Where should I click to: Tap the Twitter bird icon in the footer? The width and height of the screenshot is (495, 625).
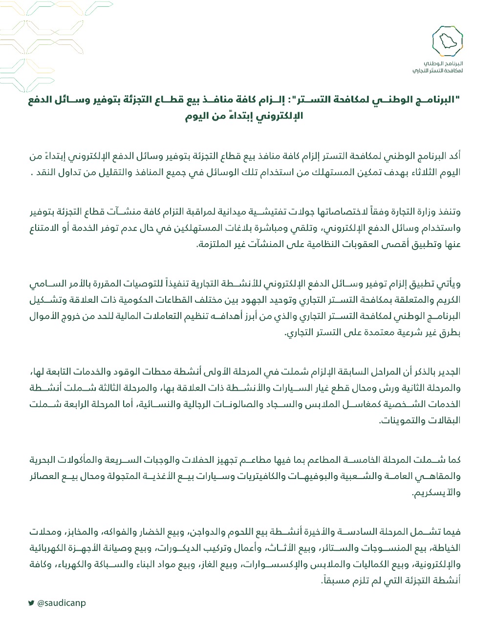[x=31, y=603]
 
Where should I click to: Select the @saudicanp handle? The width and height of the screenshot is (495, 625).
[x=61, y=603]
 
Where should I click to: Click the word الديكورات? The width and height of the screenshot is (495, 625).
[x=175, y=548]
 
